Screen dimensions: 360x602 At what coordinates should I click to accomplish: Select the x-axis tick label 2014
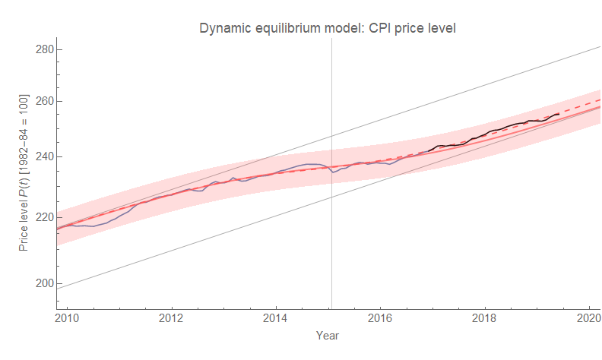coord(276,317)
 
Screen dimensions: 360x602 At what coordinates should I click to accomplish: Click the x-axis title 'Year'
coord(328,335)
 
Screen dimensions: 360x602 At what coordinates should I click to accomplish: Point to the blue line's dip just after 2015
coord(334,172)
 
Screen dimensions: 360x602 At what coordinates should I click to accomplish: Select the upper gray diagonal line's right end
coord(600,47)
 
